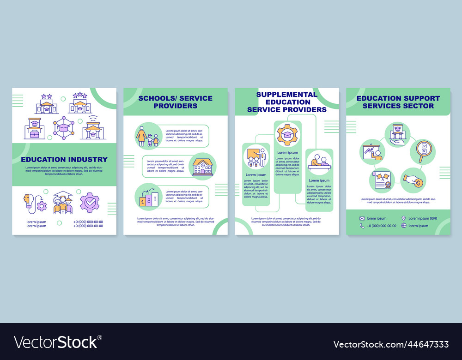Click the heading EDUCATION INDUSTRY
(64, 159)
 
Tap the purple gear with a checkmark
(90, 202)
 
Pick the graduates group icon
(63, 203)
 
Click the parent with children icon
(147, 136)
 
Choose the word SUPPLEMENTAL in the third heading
(287, 95)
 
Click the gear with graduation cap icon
(287, 134)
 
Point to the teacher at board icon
(256, 157)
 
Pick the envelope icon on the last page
(362, 218)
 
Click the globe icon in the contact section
(404, 226)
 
